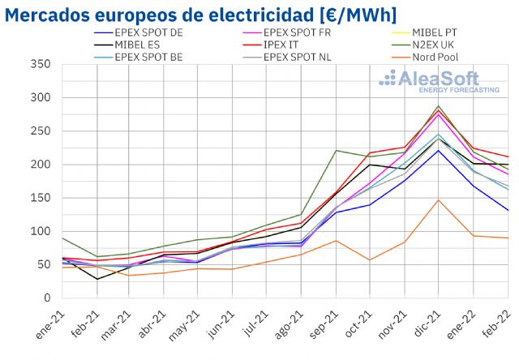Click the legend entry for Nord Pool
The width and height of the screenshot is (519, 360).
[442, 57]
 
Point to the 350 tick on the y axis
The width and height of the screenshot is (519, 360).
[40, 65]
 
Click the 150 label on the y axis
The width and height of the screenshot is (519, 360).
[40, 198]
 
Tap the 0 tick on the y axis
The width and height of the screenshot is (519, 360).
[46, 298]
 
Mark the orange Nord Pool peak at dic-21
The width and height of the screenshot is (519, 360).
[439, 199]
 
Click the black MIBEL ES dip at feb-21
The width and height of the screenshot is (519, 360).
[97, 279]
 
